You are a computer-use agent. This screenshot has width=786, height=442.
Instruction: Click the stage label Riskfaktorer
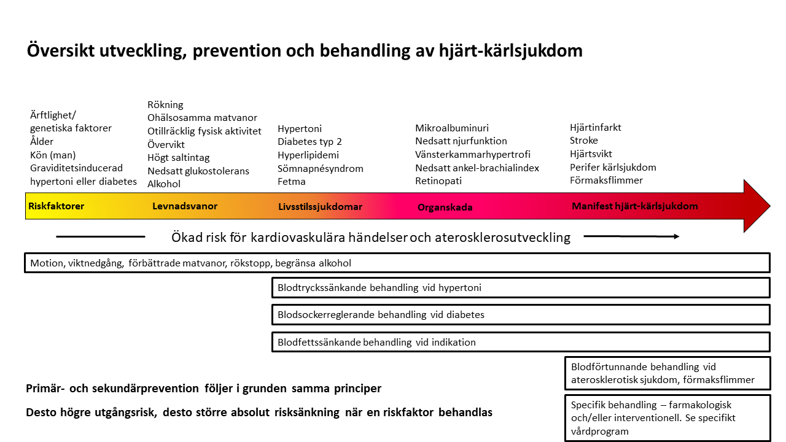[56, 206]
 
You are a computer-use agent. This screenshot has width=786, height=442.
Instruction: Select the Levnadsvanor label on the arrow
[185, 206]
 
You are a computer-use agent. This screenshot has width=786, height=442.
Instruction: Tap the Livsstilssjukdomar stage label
[320, 207]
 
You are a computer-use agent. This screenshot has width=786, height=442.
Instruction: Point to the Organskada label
[445, 207]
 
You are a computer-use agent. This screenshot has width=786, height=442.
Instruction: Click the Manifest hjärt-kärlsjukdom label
[634, 206]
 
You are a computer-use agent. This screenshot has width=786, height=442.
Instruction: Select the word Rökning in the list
[165, 105]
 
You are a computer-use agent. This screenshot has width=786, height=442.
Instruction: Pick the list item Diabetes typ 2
[309, 142]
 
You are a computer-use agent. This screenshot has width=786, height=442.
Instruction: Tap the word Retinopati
[438, 181]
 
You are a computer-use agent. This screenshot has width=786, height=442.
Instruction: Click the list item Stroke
[583, 141]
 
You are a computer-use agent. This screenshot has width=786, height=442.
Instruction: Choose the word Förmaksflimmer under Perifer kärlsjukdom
[606, 180]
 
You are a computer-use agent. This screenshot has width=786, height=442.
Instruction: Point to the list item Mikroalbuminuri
[452, 128]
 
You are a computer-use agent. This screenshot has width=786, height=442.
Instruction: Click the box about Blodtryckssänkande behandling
[520, 287]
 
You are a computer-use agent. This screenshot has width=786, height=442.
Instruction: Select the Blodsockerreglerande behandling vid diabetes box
[520, 315]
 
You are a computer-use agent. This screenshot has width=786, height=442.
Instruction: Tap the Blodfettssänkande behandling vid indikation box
[520, 343]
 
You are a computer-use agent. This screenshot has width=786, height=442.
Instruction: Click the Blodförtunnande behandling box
[667, 374]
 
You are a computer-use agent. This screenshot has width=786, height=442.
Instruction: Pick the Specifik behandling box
[667, 418]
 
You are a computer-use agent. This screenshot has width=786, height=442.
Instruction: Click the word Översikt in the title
[60, 51]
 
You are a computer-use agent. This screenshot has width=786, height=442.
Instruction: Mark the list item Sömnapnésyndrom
[321, 168]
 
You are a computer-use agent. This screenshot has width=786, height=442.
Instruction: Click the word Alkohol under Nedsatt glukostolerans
[164, 184]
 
